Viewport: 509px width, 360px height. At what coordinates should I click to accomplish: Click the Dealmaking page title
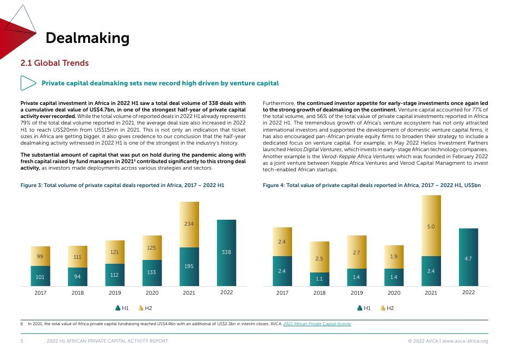[x=88, y=38]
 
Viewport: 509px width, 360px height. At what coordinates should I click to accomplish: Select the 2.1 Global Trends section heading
[x=54, y=63]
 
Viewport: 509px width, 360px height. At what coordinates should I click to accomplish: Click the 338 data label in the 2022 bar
[x=226, y=252]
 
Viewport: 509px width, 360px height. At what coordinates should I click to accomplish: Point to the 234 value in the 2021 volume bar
[x=189, y=224]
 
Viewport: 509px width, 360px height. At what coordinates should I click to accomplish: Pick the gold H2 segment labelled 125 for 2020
[x=152, y=248]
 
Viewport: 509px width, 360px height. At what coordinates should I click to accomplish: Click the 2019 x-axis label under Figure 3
[x=115, y=293]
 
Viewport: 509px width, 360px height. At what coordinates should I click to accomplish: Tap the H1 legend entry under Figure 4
[x=364, y=308]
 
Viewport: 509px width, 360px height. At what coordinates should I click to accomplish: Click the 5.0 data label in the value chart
[x=431, y=226]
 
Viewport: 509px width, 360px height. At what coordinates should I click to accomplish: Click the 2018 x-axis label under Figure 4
[x=319, y=293]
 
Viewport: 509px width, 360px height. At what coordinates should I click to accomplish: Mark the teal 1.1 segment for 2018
[x=319, y=279]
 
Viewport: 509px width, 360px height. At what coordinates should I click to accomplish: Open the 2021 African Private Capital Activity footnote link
[x=317, y=324]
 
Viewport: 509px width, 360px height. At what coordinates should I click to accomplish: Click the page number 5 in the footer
[x=22, y=341]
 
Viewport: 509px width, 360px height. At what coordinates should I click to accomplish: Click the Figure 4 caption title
[x=371, y=185]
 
